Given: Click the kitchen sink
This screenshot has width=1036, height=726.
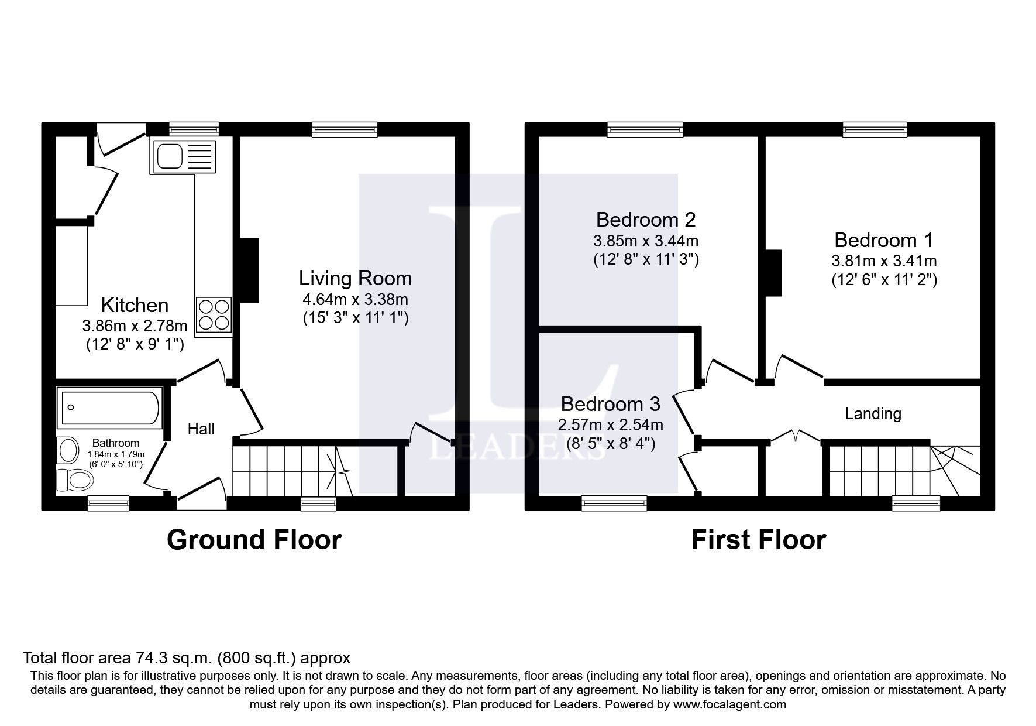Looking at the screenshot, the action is point(183,156).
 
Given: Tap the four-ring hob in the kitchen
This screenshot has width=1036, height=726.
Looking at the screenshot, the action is point(214,316).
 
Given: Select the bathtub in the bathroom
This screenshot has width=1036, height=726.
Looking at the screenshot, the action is point(110,407).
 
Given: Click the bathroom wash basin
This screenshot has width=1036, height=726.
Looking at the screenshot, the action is point(68,451).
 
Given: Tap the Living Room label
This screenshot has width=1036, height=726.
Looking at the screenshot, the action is point(355,278).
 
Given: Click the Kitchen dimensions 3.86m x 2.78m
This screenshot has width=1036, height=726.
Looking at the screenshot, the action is point(135,326).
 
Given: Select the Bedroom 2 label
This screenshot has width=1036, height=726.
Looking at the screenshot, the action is point(646,220).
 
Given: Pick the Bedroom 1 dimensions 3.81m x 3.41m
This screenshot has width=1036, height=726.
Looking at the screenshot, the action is point(884,261).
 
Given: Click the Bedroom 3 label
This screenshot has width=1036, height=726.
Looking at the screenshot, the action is point(610,404).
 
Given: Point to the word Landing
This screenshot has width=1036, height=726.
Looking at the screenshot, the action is point(873,414).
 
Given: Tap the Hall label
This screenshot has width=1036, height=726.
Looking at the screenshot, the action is point(201,429).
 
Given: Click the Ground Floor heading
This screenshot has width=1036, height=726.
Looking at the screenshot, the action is point(254,540).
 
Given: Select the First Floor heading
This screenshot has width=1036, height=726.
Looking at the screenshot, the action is point(758,540).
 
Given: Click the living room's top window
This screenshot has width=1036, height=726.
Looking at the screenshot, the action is point(345,129).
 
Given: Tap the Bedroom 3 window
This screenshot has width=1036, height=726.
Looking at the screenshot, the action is point(614,503).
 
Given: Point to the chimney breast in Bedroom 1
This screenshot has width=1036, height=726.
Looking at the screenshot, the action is point(773,273).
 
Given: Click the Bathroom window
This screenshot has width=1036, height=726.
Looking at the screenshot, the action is point(108,503).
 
